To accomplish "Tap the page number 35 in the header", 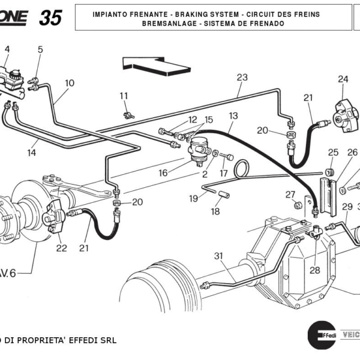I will [x=50, y=18].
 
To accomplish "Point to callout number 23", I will [x=242, y=77].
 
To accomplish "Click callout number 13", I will [x=233, y=115].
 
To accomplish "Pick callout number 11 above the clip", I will [x=124, y=96].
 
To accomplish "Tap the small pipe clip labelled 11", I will [x=127, y=115].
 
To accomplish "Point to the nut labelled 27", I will [x=297, y=206].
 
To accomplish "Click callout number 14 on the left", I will [x=31, y=152].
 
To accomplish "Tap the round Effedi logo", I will [x=321, y=334].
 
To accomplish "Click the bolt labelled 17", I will [x=227, y=157].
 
